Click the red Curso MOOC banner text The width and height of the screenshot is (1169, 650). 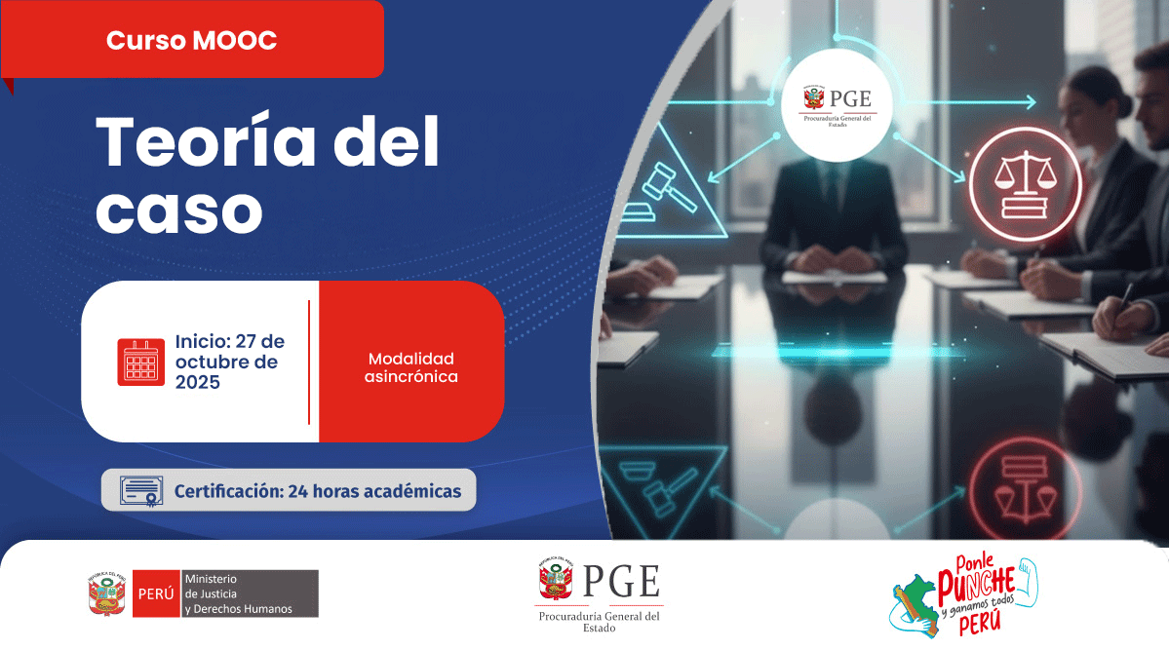(x=192, y=40)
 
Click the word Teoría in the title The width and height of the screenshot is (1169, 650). (x=207, y=142)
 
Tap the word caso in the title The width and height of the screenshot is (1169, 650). (x=179, y=210)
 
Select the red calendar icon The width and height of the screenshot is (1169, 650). (x=141, y=363)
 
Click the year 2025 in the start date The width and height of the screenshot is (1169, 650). (x=198, y=382)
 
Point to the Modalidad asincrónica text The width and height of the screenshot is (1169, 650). (x=410, y=367)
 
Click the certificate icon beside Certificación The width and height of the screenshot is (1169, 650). (x=141, y=490)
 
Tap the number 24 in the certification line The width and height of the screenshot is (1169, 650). (x=297, y=491)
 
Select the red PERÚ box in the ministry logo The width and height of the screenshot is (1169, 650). (x=157, y=593)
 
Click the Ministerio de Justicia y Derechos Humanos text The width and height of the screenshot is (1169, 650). (x=239, y=593)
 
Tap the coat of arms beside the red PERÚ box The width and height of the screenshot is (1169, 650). (x=106, y=593)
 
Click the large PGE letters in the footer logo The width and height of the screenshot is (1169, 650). (x=621, y=582)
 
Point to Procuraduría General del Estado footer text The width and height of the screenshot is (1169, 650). (x=600, y=622)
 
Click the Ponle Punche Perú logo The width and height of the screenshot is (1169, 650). (x=964, y=594)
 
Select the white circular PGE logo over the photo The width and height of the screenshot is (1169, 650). (x=837, y=104)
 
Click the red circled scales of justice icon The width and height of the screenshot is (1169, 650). (x=1025, y=184)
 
